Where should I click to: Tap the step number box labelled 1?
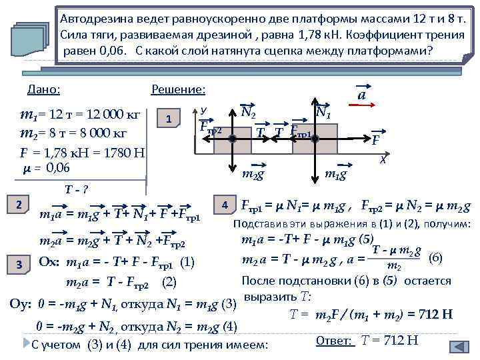point(169,119)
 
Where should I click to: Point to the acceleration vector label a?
point(361,95)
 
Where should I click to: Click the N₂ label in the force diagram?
point(249,112)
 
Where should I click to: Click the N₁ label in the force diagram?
point(325,112)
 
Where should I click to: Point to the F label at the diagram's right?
point(377,141)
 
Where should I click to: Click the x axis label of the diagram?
point(383,160)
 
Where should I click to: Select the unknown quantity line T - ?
point(73,189)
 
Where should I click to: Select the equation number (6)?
point(435,257)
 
